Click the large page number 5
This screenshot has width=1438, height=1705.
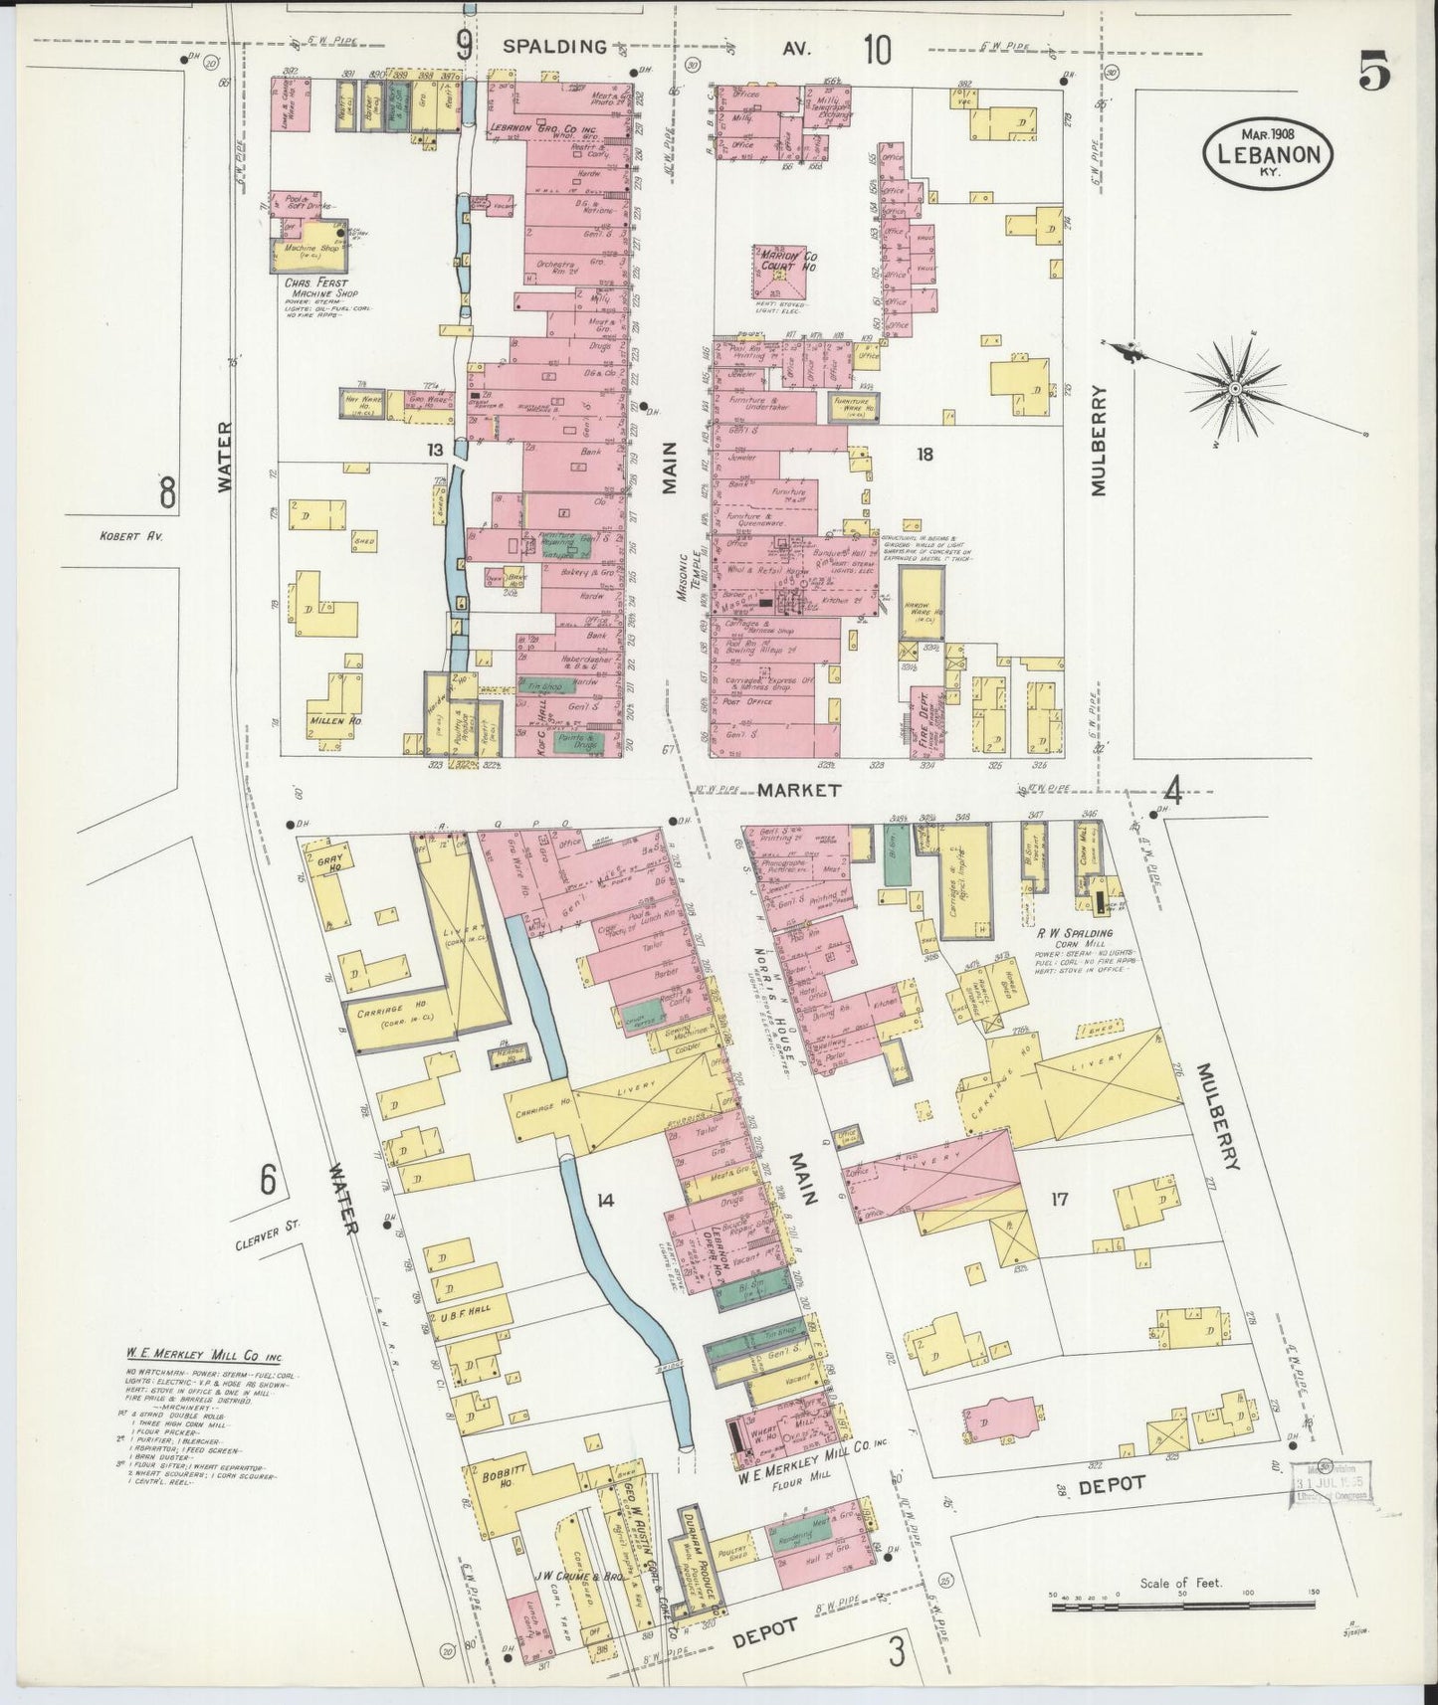tap(1374, 73)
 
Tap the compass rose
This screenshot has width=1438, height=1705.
tap(1233, 386)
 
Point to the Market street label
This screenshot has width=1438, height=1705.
tap(798, 790)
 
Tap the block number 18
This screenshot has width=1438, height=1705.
tap(924, 455)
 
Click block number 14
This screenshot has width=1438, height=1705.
tap(604, 1201)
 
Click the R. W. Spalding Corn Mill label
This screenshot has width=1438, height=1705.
tap(1076, 933)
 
